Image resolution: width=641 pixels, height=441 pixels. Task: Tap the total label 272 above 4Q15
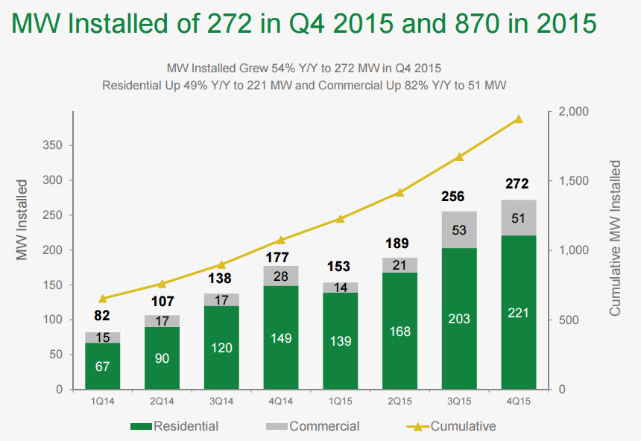(516, 184)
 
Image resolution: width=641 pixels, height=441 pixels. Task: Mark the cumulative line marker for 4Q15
(519, 119)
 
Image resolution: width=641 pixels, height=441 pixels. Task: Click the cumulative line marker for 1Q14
(103, 299)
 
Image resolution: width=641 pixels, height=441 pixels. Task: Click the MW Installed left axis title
(22, 220)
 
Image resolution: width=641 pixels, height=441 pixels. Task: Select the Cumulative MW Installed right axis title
(615, 237)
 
